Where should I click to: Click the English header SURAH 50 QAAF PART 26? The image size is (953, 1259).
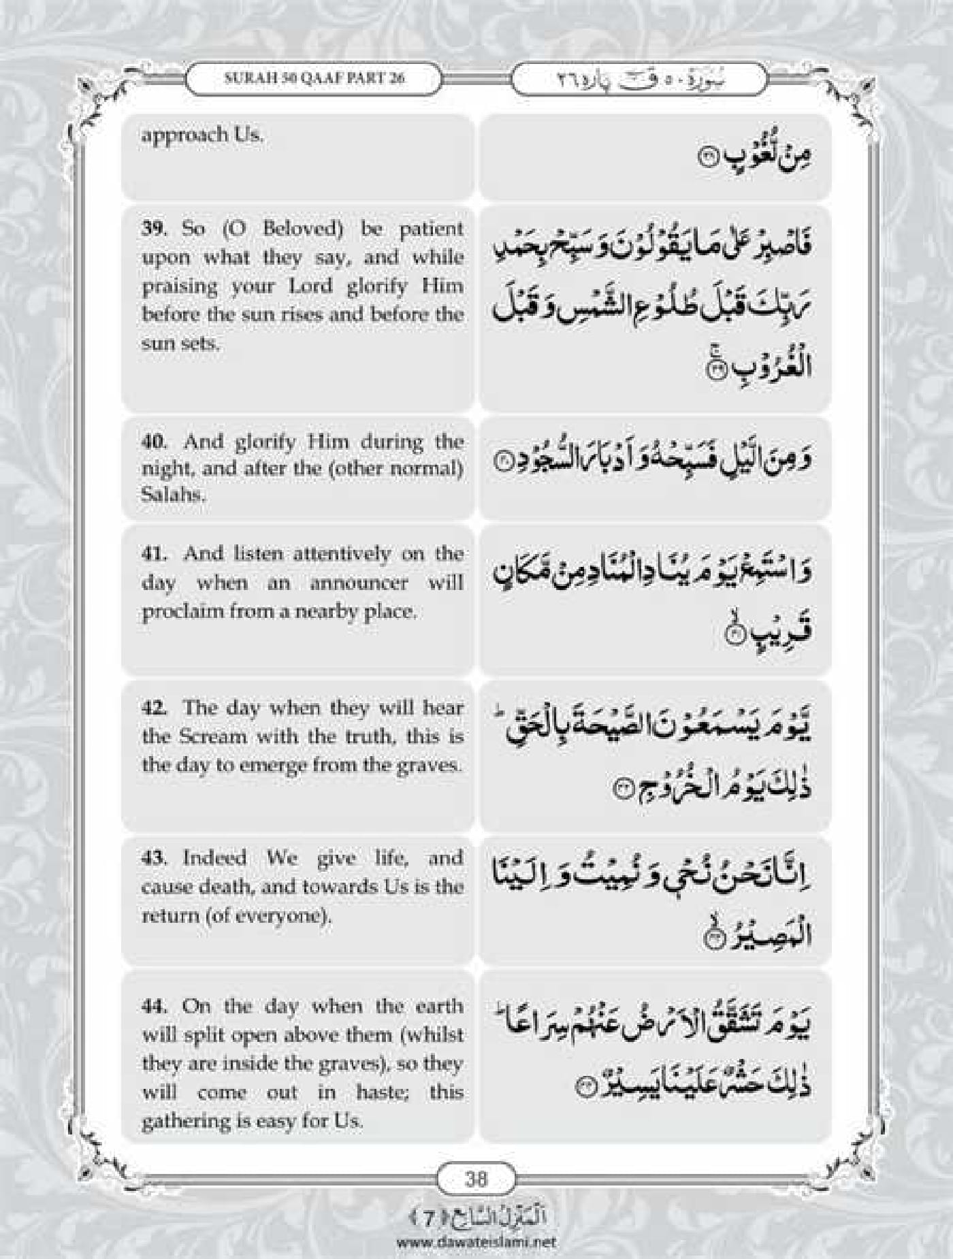(314, 78)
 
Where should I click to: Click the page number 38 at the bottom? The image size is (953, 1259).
(476, 702)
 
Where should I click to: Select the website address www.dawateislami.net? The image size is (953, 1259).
(476, 1242)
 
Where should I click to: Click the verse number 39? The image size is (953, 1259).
(154, 229)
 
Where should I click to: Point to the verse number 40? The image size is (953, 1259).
(154, 442)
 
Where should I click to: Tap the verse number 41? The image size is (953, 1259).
(154, 554)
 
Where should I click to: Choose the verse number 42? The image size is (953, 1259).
(154, 708)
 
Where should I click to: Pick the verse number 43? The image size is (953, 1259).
(154, 857)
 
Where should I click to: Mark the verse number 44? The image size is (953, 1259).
(154, 1006)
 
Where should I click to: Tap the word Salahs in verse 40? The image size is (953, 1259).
(172, 495)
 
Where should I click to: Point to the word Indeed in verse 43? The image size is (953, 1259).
(214, 857)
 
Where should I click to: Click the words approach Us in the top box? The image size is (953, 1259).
(201, 135)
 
